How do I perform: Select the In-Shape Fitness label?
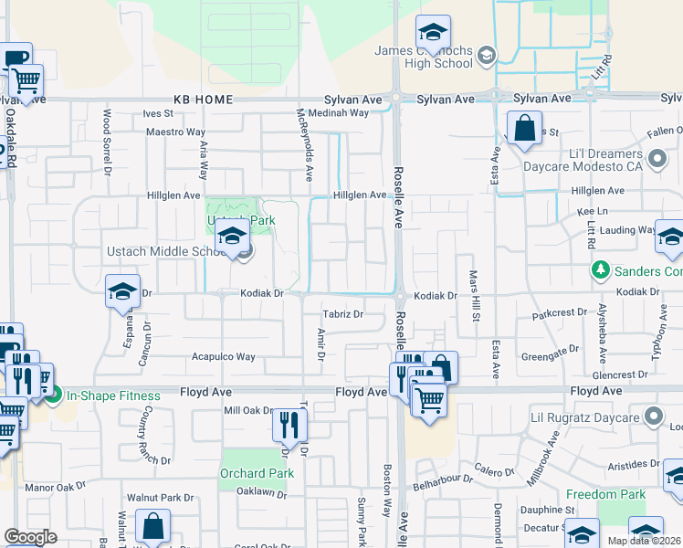point(113,395)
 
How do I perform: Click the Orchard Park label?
point(257,473)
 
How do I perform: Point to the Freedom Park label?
point(605,494)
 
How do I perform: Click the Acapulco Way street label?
point(222,357)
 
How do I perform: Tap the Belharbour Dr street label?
point(443,478)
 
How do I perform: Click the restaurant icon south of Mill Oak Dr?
point(289,425)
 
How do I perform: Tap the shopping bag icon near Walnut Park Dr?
point(152,526)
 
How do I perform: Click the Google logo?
point(30,537)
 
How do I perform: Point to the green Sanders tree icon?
point(601,270)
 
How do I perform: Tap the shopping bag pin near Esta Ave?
point(525,130)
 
